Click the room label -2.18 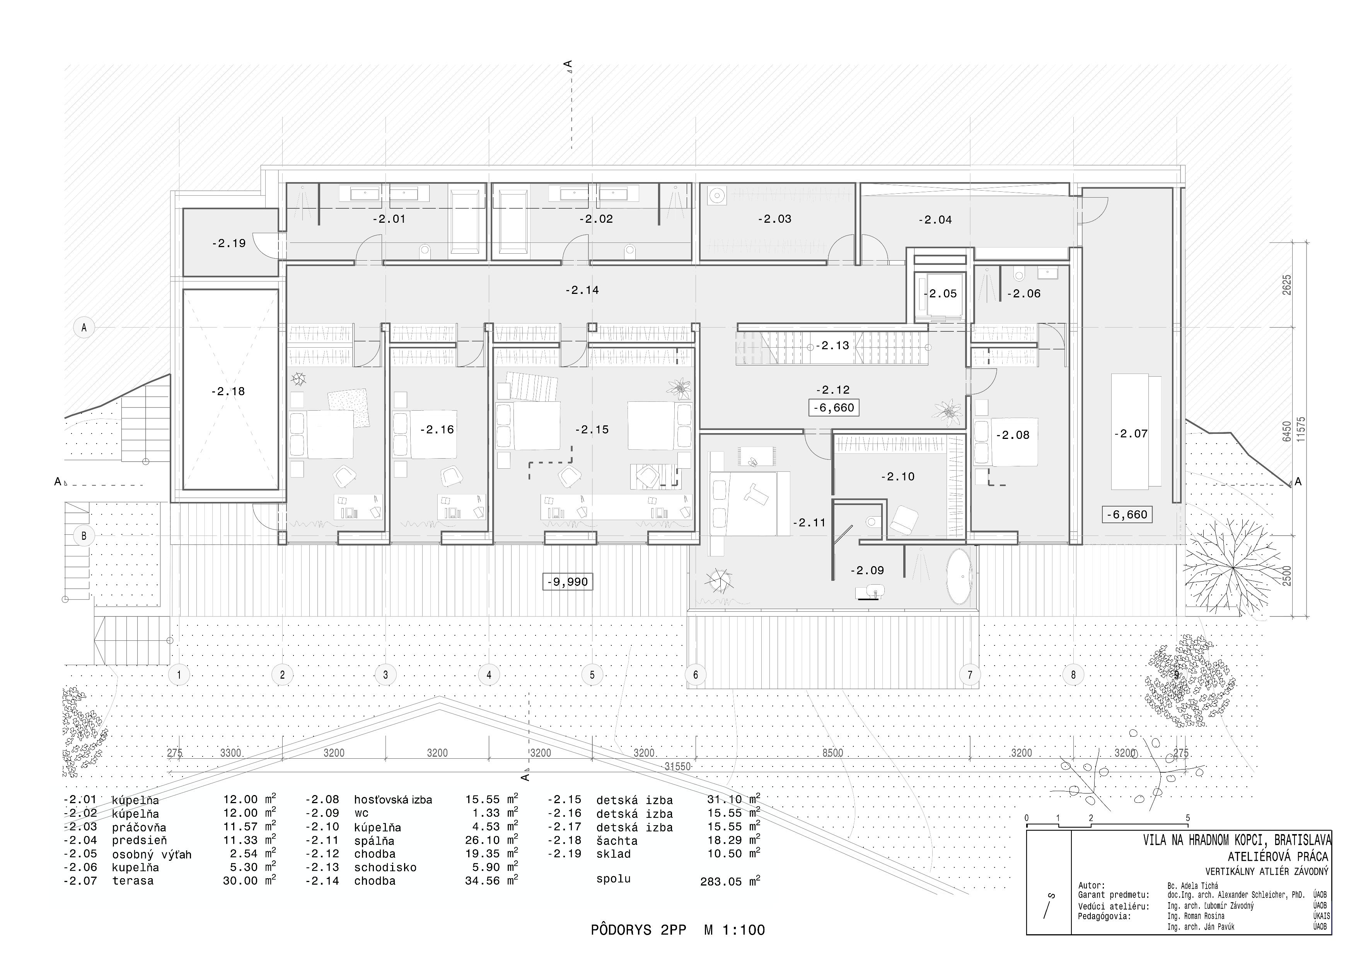point(228,391)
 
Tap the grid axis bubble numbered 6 point(696,674)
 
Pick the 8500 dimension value point(833,753)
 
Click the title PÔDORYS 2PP point(638,930)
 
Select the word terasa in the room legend point(133,881)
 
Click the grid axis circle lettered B point(84,536)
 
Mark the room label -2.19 point(229,243)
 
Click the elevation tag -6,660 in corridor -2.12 point(833,408)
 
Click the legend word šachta point(617,841)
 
